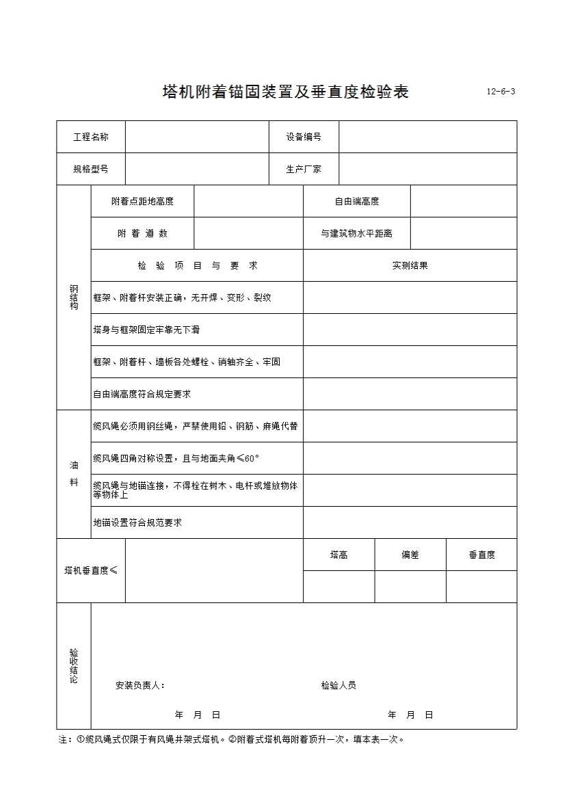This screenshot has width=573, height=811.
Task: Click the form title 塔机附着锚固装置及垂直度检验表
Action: pyautogui.click(x=285, y=92)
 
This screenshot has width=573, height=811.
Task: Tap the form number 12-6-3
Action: pyautogui.click(x=501, y=92)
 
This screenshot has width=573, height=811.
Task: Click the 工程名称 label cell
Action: pyautogui.click(x=91, y=137)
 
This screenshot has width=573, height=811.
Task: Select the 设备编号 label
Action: pyautogui.click(x=304, y=137)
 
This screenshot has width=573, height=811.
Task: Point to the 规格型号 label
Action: pyautogui.click(x=91, y=169)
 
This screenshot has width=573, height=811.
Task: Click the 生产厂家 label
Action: pyautogui.click(x=304, y=169)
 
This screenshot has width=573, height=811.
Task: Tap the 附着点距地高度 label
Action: pyautogui.click(x=142, y=201)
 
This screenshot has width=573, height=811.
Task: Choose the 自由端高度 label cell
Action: pyautogui.click(x=357, y=201)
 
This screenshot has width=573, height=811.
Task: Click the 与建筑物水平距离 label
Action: pyautogui.click(x=357, y=233)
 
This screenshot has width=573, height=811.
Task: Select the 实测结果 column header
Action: pyautogui.click(x=410, y=265)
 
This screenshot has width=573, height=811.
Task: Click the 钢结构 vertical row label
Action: pyautogui.click(x=74, y=297)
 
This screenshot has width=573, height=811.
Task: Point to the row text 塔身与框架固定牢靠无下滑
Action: pyautogui.click(x=146, y=330)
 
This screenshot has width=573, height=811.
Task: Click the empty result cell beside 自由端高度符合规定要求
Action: pyautogui.click(x=410, y=394)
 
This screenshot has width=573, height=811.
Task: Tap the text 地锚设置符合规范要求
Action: pyautogui.click(x=137, y=522)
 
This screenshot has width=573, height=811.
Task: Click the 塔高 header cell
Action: pyautogui.click(x=338, y=555)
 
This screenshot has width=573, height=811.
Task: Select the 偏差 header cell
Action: pyautogui.click(x=410, y=555)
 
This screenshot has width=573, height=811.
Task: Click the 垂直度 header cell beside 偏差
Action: pyautogui.click(x=481, y=555)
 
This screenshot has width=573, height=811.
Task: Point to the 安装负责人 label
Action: pyautogui.click(x=140, y=685)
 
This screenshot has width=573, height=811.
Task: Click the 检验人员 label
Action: pyautogui.click(x=338, y=685)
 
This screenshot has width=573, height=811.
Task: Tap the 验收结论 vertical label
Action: pyautogui.click(x=74, y=665)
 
